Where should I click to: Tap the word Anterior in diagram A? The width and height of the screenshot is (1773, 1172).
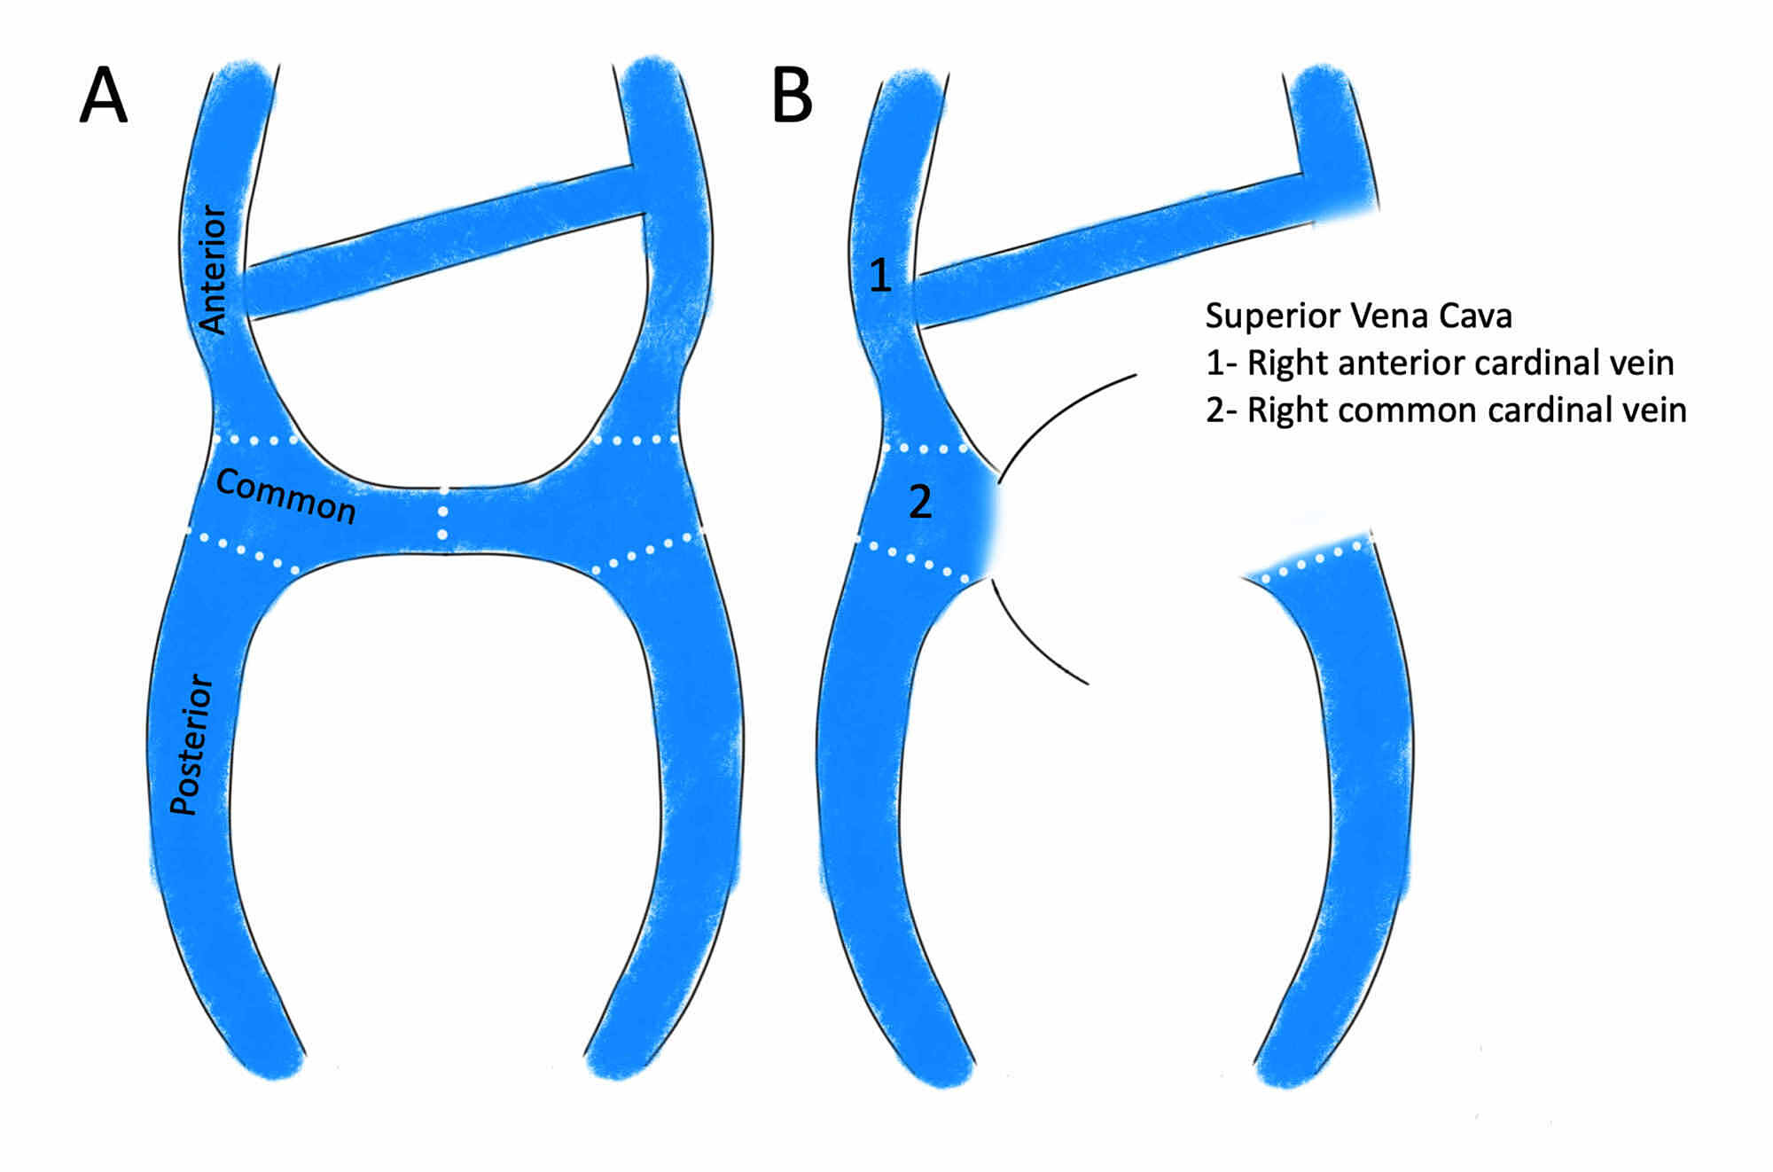pyautogui.click(x=213, y=270)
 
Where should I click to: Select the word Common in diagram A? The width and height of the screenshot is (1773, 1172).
pyautogui.click(x=285, y=496)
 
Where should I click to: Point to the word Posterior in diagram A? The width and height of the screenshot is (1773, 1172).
pyautogui.click(x=191, y=745)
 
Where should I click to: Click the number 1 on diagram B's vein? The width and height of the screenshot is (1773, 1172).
pyautogui.click(x=879, y=276)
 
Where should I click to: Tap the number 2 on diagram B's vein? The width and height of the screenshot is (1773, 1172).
pyautogui.click(x=920, y=503)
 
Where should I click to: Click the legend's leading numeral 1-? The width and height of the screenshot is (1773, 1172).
pyautogui.click(x=1221, y=363)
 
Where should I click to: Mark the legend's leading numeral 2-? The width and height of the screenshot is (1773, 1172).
pyautogui.click(x=1221, y=410)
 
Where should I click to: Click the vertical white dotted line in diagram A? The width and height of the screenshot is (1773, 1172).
pyautogui.click(x=443, y=514)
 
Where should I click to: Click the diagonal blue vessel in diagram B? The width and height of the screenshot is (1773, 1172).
pyautogui.click(x=1108, y=248)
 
